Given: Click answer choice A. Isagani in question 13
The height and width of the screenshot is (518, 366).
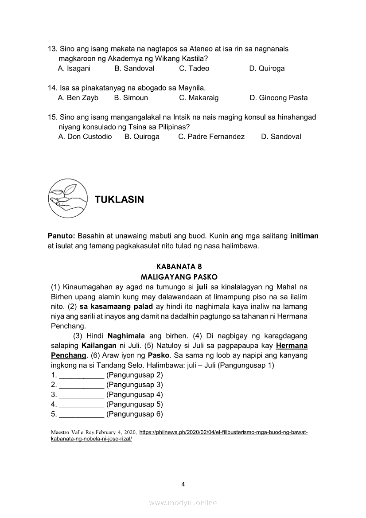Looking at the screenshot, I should [x=74, y=69].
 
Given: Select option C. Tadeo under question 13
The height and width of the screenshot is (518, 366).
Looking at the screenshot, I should [x=194, y=69].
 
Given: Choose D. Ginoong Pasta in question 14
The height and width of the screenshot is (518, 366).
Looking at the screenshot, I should [x=278, y=98].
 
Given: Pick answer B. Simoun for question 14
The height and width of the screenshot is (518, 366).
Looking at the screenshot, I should [x=131, y=98].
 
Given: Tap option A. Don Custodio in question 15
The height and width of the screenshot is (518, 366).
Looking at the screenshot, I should [x=85, y=137].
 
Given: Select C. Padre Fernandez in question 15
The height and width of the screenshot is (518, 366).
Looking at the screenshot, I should [x=211, y=137].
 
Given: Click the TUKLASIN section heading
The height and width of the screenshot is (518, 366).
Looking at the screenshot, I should [x=119, y=200].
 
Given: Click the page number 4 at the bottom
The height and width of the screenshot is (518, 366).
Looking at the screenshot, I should [x=183, y=484].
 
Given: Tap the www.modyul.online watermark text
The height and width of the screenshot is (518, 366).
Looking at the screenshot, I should [x=183, y=502].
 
